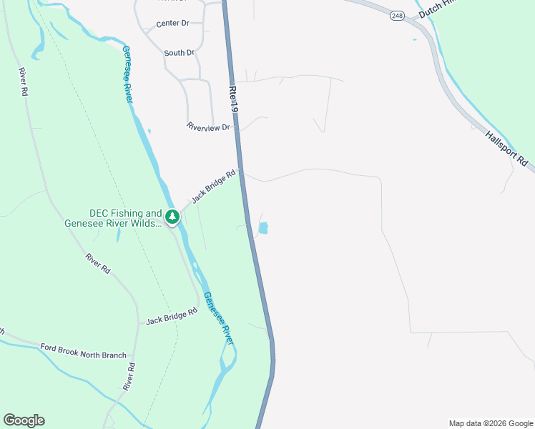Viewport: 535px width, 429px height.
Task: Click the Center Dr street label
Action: click(172, 23)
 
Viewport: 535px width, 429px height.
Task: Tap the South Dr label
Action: click(179, 53)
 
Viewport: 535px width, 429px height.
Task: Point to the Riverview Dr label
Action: click(209, 127)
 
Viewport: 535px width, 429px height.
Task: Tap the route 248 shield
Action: click(398, 15)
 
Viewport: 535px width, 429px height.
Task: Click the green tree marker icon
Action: click(172, 216)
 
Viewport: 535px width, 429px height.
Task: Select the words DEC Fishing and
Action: click(125, 213)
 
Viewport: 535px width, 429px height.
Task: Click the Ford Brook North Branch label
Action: click(83, 350)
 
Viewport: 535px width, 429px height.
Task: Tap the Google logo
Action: click(24, 420)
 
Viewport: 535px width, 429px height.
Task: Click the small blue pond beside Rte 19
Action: click(262, 229)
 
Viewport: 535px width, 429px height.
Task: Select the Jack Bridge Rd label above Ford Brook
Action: click(171, 317)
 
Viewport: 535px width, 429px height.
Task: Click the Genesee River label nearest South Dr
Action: click(127, 74)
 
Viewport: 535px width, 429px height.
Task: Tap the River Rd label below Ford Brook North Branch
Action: click(129, 376)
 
